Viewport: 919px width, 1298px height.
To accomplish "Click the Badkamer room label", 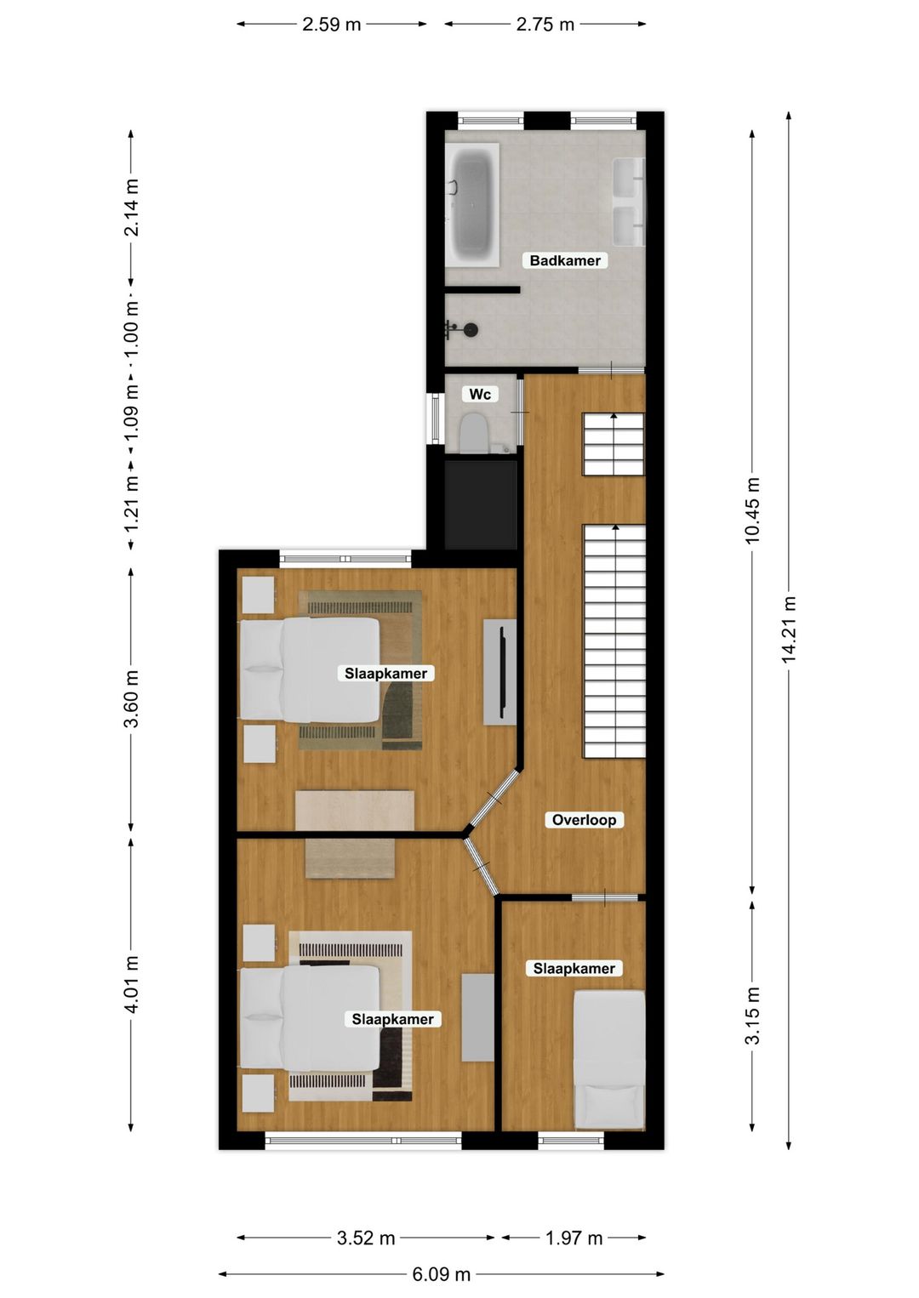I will [565, 260].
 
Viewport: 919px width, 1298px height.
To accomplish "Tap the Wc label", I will [480, 394].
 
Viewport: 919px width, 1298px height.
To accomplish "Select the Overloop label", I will [584, 820].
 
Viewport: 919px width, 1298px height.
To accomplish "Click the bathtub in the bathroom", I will [472, 206].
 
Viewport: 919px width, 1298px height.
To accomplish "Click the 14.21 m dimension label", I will [789, 629].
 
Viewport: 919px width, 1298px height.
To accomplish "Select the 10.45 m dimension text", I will [753, 510].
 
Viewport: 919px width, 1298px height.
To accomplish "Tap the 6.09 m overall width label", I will [441, 1274].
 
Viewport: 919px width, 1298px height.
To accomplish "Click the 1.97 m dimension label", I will [574, 1238].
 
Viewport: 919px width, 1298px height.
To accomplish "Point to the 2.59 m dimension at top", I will [332, 24].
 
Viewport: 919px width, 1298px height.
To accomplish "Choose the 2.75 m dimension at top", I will [545, 24].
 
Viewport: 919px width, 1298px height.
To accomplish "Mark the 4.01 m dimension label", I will [131, 984].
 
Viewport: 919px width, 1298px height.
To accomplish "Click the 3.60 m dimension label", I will [131, 699].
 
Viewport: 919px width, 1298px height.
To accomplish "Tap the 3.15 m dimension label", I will [753, 1016].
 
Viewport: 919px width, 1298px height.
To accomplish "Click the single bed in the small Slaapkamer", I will [609, 1060].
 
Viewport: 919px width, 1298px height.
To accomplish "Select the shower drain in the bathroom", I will [470, 329].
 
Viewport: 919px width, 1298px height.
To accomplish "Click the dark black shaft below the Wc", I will [481, 504].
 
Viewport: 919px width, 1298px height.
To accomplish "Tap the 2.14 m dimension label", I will [131, 208].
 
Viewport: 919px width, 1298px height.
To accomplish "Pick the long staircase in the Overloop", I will [614, 641].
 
